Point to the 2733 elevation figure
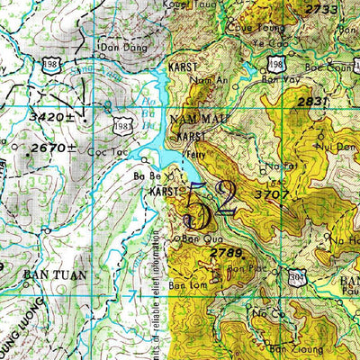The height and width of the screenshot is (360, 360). click(x=321, y=9)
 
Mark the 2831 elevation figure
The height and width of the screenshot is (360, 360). click(x=312, y=102)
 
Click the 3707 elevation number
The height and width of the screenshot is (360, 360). click(x=271, y=193)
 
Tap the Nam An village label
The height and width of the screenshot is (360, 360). click(x=205, y=80)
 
